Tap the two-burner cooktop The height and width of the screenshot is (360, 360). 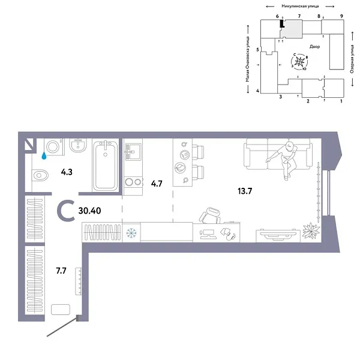pyautogui.click(x=133, y=182)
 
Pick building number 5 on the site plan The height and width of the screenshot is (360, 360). pyautogui.click(x=257, y=50)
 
